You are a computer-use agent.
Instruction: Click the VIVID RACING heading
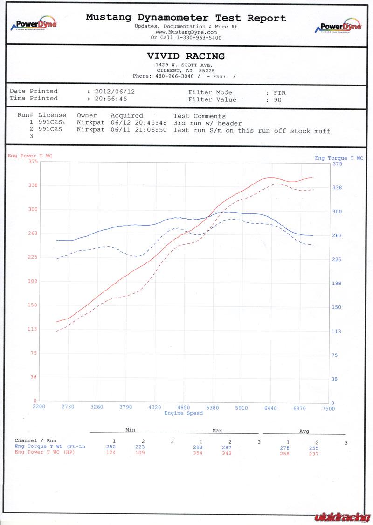tap(186, 56)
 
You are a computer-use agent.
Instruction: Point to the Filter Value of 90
tap(277, 99)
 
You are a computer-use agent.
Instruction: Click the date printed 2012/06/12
tap(114, 92)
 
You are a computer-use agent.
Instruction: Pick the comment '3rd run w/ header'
tap(207, 123)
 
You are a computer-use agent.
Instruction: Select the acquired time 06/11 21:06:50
tap(138, 130)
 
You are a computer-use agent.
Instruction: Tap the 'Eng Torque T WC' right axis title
tap(338, 158)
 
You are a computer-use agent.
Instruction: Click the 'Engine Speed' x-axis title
tap(183, 413)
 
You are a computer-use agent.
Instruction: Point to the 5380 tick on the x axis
tap(212, 408)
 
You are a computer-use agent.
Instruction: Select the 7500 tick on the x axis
tap(328, 408)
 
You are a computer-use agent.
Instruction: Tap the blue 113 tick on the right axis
tap(336, 331)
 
